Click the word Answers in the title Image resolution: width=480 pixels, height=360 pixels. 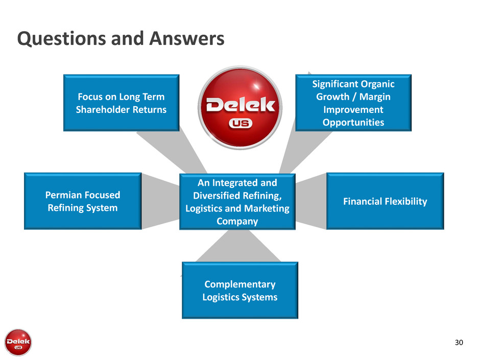pos(186,39)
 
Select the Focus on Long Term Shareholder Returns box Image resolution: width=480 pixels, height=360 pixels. pos(121,103)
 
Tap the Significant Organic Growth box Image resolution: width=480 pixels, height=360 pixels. pos(353,103)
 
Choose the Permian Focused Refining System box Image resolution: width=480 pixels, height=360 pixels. pos(83,201)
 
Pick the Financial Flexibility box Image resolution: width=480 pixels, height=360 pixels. pos(385,201)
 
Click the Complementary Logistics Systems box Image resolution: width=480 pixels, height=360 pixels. pos(239,290)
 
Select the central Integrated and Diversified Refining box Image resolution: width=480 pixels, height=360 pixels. pos(237,202)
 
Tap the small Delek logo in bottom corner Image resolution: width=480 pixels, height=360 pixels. pos(18,341)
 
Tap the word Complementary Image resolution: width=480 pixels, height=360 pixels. pos(239,284)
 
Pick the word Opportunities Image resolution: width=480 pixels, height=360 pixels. pos(353,122)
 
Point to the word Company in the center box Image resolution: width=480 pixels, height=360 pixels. pos(237,221)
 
